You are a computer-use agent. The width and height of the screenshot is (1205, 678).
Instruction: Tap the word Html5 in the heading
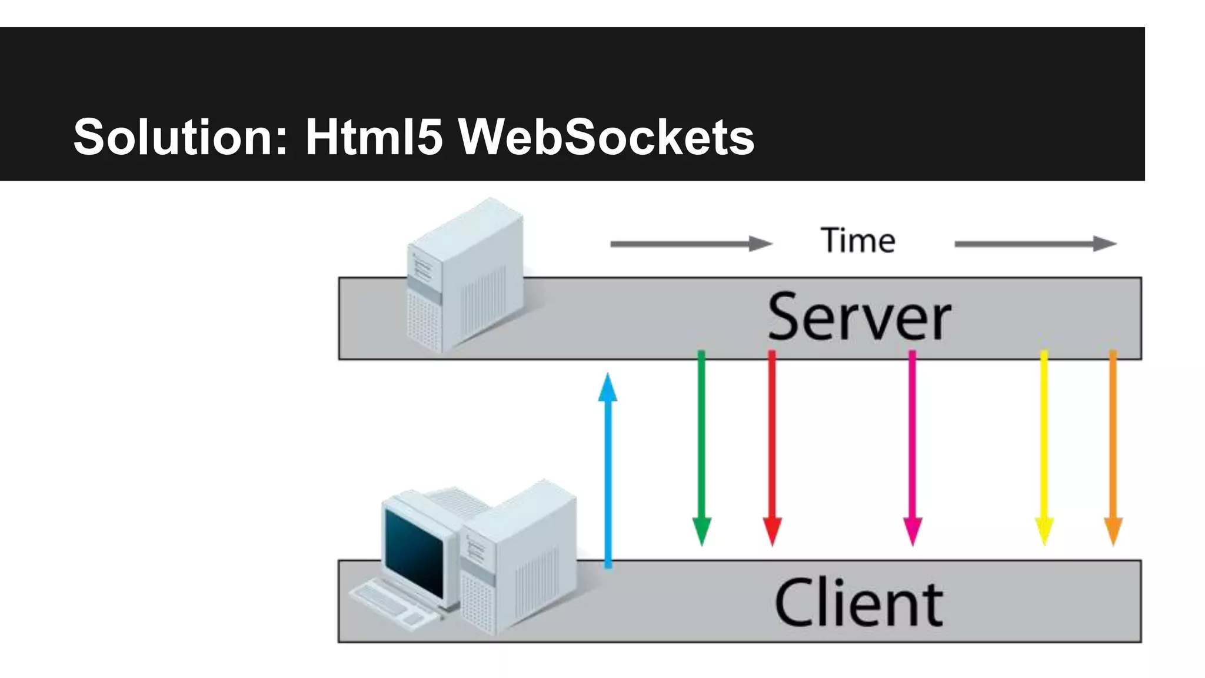point(373,137)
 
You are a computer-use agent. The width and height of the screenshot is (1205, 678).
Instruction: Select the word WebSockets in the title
point(606,137)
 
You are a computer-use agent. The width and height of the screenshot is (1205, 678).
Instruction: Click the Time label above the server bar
point(858,241)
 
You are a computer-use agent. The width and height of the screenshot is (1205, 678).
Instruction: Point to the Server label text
point(859,317)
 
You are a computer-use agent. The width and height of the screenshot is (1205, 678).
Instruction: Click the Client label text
point(859,603)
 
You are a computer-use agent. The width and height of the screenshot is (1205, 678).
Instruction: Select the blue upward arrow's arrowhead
point(608,388)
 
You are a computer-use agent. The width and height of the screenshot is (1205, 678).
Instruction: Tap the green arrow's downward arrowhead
point(701,530)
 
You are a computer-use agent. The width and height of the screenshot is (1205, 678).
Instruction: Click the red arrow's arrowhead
point(772,530)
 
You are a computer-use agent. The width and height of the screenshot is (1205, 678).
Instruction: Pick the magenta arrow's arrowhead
point(913,530)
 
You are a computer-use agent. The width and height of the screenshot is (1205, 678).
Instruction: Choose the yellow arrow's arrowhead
point(1044,530)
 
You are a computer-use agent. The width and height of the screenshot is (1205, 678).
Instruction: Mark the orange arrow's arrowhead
point(1113,530)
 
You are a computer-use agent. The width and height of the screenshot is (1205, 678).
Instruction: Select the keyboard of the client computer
point(391,603)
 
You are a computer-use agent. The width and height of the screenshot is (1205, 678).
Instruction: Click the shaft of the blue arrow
point(608,483)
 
